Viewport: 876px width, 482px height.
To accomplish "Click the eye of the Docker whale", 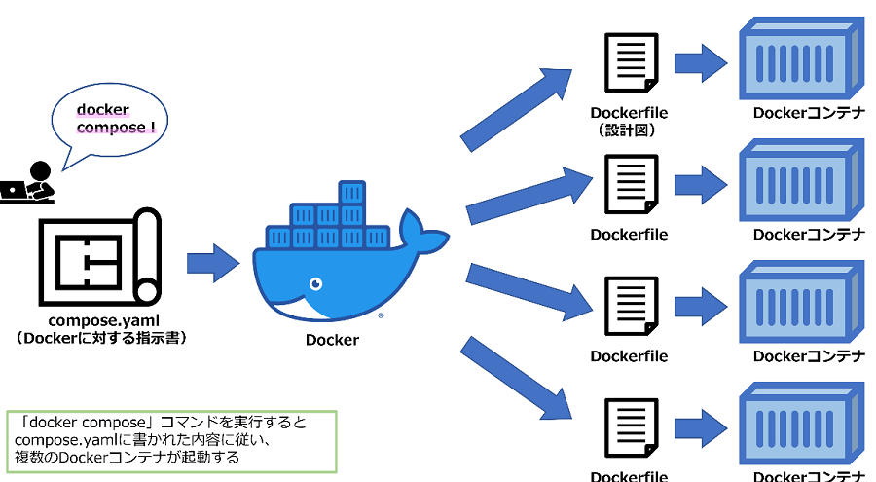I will pos(315,283).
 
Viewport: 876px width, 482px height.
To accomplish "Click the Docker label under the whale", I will pos(332,340).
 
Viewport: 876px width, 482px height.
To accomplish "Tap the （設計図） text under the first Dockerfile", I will pos(629,130).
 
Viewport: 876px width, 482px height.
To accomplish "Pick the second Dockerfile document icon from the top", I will pos(629,184).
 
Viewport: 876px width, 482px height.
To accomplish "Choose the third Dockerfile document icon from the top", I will pos(629,307).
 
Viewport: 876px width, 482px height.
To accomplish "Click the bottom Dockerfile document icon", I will pos(629,427).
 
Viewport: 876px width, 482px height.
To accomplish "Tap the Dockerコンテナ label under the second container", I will pos(809,235).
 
